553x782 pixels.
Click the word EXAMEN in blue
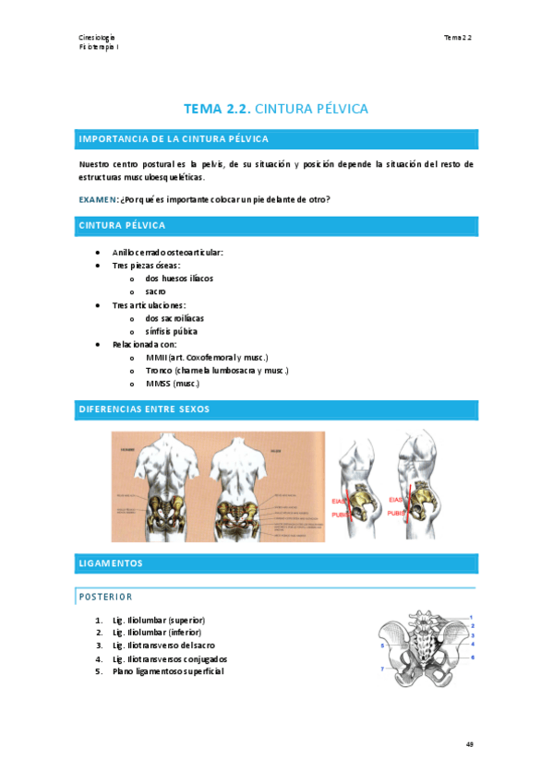(97, 199)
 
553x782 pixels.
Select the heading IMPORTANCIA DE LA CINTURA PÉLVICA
(174, 139)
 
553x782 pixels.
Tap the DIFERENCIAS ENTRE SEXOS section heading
(145, 409)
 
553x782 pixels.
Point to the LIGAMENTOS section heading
(111, 562)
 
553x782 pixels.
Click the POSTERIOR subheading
(105, 597)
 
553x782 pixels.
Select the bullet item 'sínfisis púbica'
(171, 331)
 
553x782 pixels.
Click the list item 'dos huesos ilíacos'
(179, 278)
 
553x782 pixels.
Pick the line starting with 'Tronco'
(217, 370)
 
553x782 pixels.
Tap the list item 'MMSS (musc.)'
(173, 384)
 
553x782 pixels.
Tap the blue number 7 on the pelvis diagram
(381, 669)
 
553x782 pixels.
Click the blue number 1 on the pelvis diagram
(472, 617)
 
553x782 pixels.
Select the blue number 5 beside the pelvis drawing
(381, 646)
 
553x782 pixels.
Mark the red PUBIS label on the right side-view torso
(396, 513)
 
